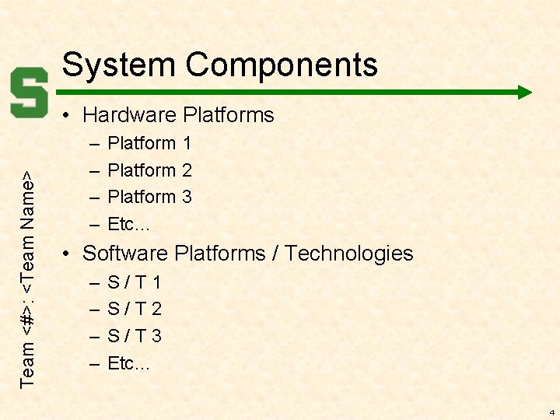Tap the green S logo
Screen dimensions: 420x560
pyautogui.click(x=30, y=92)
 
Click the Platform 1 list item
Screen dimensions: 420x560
pyautogui.click(x=149, y=143)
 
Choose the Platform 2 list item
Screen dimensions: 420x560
pyautogui.click(x=149, y=170)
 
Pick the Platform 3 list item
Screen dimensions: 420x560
pyautogui.click(x=149, y=197)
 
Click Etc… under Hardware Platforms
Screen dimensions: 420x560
pyautogui.click(x=129, y=225)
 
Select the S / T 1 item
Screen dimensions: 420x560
pyautogui.click(x=134, y=282)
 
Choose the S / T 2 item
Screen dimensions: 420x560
pyautogui.click(x=134, y=310)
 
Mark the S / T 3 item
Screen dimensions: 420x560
pyautogui.click(x=134, y=336)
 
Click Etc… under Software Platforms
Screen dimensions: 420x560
pyautogui.click(x=129, y=363)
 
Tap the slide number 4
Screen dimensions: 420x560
pyautogui.click(x=551, y=411)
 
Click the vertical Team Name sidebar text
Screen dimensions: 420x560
pyautogui.click(x=29, y=278)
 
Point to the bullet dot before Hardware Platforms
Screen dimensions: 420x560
pyautogui.click(x=69, y=116)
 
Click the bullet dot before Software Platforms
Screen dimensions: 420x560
pyautogui.click(x=69, y=254)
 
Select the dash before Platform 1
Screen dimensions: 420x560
pyautogui.click(x=93, y=144)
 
